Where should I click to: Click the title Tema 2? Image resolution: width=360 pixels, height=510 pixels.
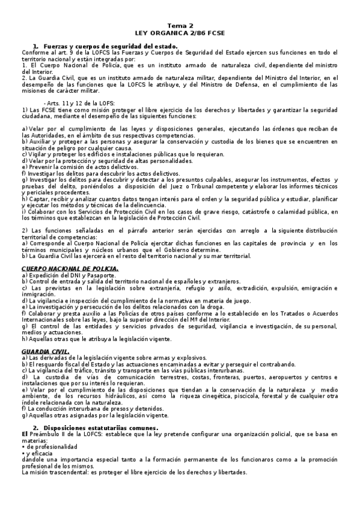tap(180, 26)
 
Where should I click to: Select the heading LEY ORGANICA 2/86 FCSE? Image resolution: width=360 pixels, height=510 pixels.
tap(180, 33)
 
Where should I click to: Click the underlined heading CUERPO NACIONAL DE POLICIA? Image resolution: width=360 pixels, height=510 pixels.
tap(70, 268)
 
